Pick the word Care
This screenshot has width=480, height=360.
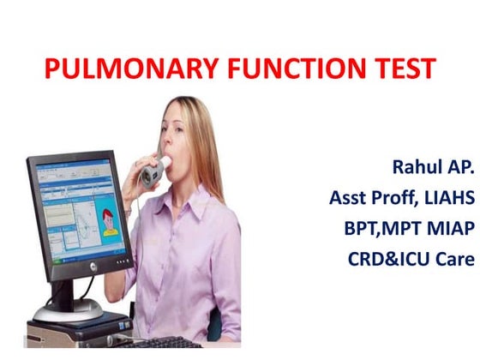tap(455, 256)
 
